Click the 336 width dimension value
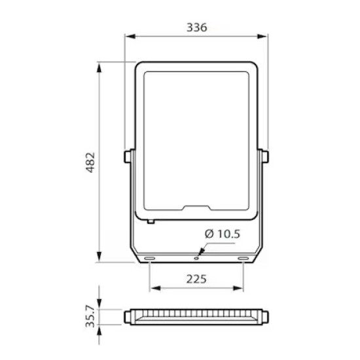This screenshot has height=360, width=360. click(197, 27)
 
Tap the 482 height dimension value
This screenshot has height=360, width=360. click(90, 162)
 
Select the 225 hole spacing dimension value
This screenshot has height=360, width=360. click(196, 279)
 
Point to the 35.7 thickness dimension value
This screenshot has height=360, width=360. click(90, 316)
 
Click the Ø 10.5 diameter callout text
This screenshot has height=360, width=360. click(223, 234)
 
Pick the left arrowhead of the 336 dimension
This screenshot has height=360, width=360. click(131, 36)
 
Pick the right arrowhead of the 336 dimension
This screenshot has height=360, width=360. click(262, 36)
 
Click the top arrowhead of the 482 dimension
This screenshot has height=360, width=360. click(99, 67)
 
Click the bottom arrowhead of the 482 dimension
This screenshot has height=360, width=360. click(99, 257)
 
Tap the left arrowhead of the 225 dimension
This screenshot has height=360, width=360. click(155, 288)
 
